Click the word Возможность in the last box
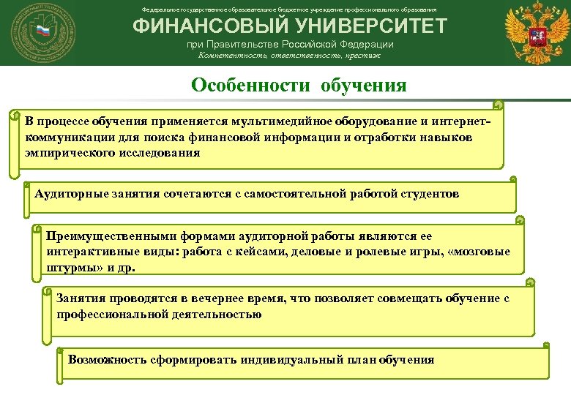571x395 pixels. (x=107, y=360)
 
